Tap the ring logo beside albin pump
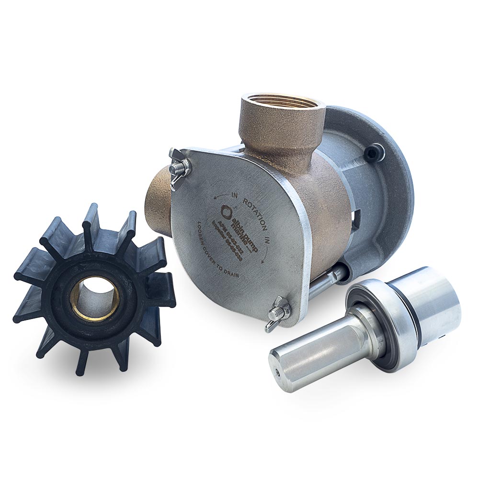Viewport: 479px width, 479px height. click(226, 211)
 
